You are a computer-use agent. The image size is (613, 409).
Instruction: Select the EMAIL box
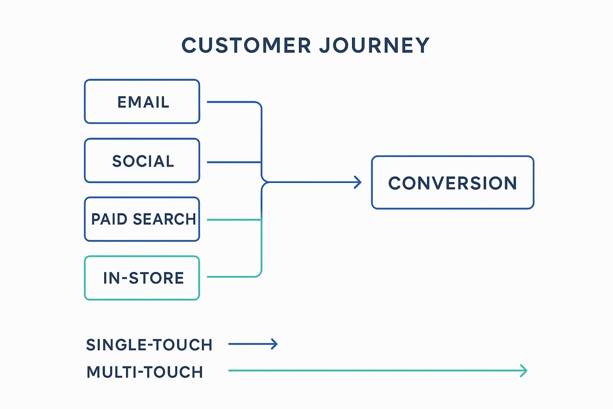point(142,101)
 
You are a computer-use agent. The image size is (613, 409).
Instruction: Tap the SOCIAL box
point(142,161)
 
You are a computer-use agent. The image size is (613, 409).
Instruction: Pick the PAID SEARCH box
point(142,219)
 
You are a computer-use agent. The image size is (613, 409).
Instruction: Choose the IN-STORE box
point(142,278)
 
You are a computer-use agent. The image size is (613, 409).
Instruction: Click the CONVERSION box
point(452,183)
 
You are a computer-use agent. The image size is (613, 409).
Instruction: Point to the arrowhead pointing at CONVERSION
point(358,182)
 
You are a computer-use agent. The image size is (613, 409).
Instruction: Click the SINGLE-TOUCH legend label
point(149,345)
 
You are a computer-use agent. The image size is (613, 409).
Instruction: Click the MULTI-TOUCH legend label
point(145,372)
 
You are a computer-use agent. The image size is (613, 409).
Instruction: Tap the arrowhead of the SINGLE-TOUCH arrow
point(275,344)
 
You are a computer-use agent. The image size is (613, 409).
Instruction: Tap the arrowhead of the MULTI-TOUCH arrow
point(524,371)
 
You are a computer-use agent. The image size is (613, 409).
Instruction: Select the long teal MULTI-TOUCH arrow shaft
point(373,371)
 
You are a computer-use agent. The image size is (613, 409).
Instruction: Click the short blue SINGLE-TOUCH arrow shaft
point(250,344)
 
